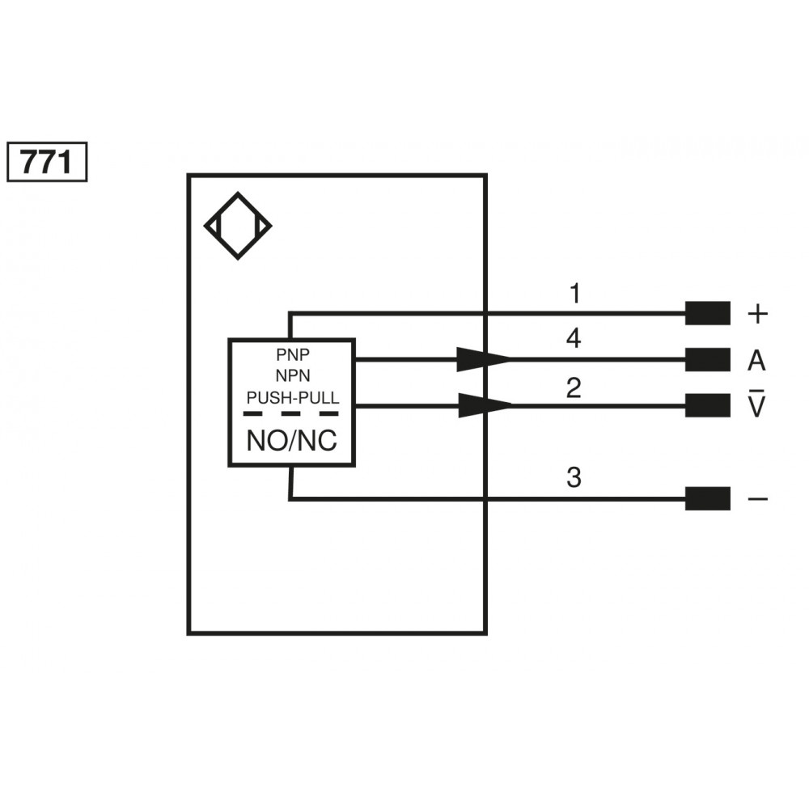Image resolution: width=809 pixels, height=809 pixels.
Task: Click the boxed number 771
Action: coord(46,163)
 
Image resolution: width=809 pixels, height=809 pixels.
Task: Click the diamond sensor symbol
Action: coord(238,226)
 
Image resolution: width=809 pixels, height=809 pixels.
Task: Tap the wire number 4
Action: coord(574,339)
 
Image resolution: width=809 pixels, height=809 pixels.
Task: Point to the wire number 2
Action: coord(574,388)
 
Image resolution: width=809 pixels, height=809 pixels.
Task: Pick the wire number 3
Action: coord(574,478)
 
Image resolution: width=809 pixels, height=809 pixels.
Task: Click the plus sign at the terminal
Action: coord(756,314)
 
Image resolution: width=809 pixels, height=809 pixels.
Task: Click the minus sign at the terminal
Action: coord(757,499)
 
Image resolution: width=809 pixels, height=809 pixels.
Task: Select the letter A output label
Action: coord(756,361)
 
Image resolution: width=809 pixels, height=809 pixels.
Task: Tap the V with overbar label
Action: coord(756,405)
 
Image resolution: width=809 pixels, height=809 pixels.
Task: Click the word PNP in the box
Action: coord(291,355)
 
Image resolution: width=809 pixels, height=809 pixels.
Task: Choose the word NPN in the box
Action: coord(291,376)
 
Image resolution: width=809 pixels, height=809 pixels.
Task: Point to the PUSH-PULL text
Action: coord(292,397)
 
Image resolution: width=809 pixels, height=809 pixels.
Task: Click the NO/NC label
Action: coord(292,441)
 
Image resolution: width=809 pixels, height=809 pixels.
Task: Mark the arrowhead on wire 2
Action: coord(484,405)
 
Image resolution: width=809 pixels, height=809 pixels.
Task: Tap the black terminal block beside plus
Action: coord(707,313)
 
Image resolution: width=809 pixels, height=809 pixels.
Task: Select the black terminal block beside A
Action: coord(707,359)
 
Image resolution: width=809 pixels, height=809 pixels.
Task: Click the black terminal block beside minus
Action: coord(707,498)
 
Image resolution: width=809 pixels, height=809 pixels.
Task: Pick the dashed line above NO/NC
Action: coord(291,413)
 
